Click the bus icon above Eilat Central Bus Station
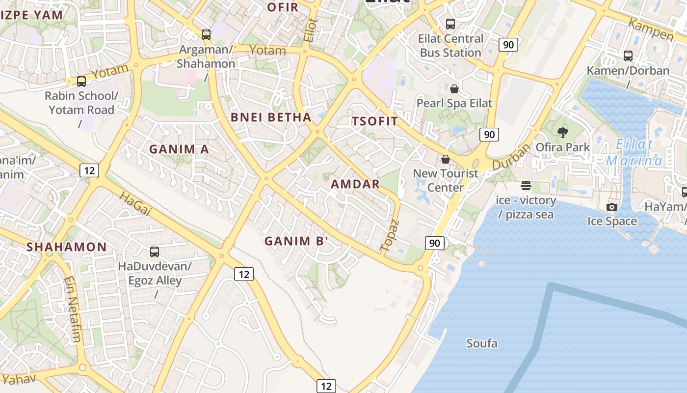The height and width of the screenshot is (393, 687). click(x=450, y=24)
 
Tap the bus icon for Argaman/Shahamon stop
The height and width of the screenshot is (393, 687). click(x=206, y=35)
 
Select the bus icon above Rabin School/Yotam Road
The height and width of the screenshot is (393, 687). click(x=81, y=81)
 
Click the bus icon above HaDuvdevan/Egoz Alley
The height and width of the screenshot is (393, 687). click(x=155, y=252)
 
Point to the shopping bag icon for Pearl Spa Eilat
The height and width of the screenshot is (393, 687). click(x=454, y=89)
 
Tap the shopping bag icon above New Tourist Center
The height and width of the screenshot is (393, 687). click(x=446, y=159)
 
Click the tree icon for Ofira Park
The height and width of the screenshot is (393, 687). click(x=563, y=132)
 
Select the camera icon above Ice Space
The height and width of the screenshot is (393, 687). click(x=612, y=207)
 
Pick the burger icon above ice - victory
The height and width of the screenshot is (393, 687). click(x=526, y=186)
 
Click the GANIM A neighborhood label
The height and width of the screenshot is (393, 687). click(x=179, y=149)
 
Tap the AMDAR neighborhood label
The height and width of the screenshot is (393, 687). click(x=355, y=184)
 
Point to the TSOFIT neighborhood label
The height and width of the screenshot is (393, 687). click(x=375, y=121)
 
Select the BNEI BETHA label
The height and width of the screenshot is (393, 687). click(x=271, y=117)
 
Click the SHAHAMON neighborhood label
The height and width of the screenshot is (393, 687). click(x=67, y=247)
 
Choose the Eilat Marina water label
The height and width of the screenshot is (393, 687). click(x=634, y=152)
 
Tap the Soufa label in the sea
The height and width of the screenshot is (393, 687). click(x=481, y=343)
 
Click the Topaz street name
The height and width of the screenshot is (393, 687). click(x=391, y=236)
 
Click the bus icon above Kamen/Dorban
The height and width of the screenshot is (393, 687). click(x=628, y=56)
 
